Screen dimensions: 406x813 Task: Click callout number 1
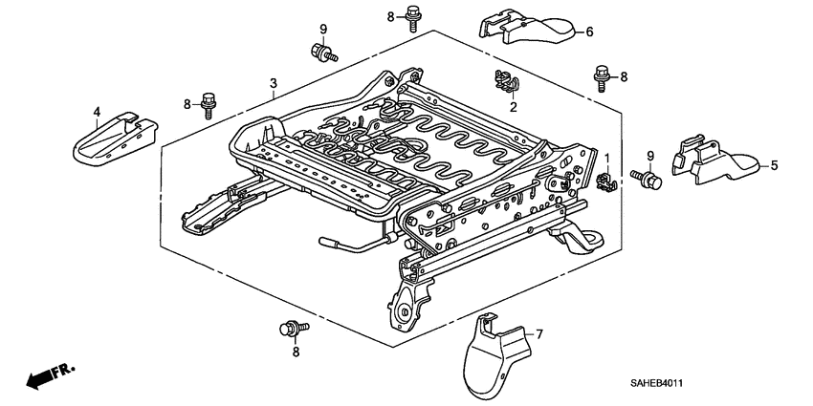pyautogui.click(x=605, y=157)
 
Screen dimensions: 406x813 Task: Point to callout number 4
pyautogui.click(x=97, y=112)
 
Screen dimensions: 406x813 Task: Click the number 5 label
pyautogui.click(x=774, y=165)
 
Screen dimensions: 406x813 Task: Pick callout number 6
pyautogui.click(x=589, y=32)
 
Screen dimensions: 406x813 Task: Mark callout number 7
pyautogui.click(x=538, y=333)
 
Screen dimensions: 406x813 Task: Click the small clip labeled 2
pyautogui.click(x=503, y=82)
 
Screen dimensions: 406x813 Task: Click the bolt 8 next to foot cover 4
pyautogui.click(x=209, y=102)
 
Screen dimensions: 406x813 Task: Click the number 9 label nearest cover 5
pyautogui.click(x=650, y=157)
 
